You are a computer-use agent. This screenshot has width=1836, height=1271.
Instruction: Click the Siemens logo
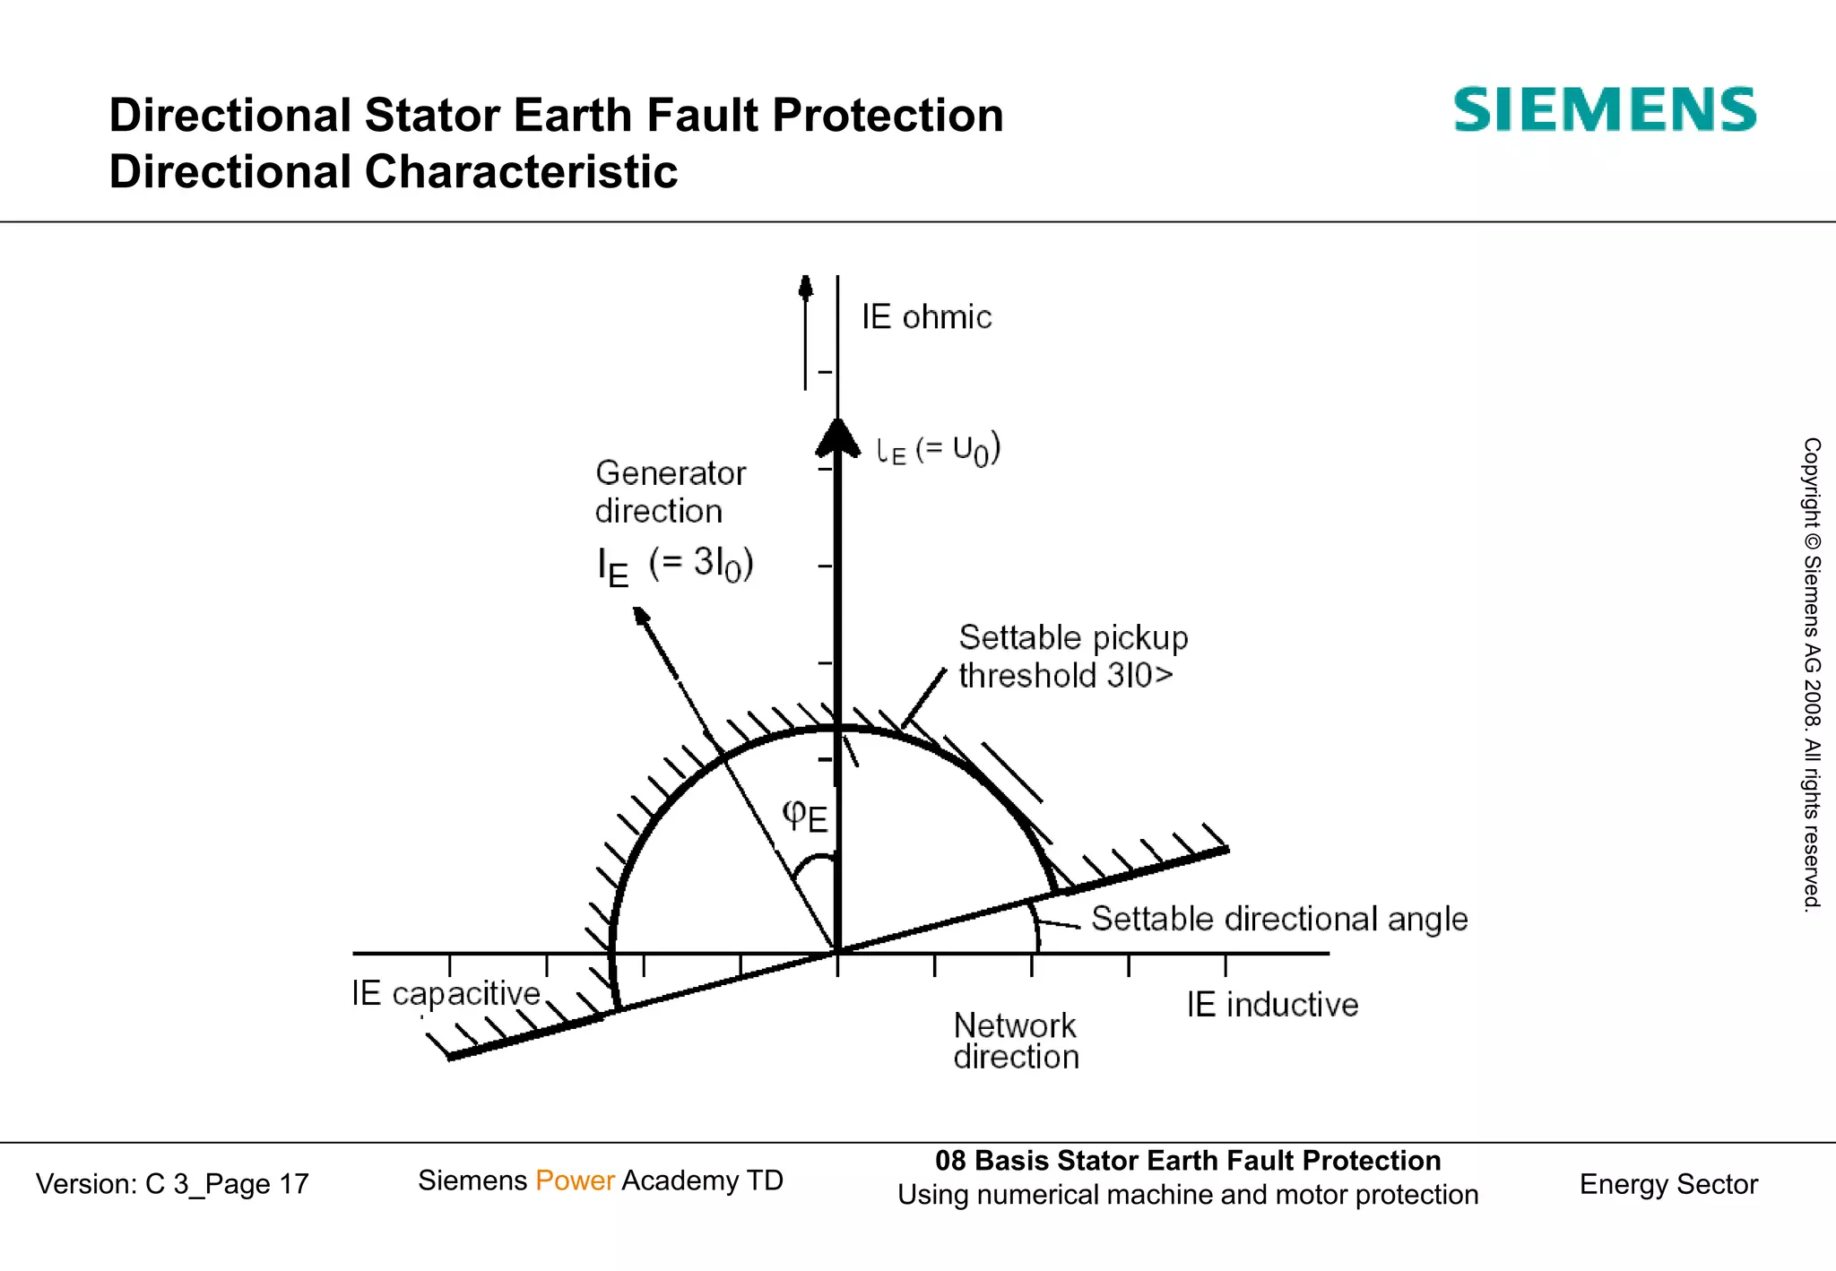click(1604, 110)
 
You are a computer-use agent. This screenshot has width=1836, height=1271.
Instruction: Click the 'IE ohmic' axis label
click(926, 317)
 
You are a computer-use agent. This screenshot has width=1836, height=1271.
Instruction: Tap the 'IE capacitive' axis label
click(446, 994)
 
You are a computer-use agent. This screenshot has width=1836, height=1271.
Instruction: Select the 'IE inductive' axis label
click(1271, 1005)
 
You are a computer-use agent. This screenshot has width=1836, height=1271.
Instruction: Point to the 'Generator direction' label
click(670, 492)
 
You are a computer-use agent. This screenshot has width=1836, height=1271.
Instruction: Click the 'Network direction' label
click(1016, 1041)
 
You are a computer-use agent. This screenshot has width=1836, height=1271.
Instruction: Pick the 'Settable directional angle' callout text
click(1279, 920)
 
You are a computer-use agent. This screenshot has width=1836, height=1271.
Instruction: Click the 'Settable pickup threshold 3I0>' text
click(1072, 656)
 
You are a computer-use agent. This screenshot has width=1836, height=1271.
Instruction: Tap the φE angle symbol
click(804, 816)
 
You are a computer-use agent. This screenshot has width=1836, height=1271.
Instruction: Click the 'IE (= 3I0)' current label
click(675, 566)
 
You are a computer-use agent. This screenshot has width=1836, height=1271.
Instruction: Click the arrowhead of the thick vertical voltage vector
click(837, 437)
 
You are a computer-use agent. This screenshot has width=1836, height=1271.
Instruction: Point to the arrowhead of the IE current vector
click(642, 617)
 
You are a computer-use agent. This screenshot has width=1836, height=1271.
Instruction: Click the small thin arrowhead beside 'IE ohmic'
click(806, 286)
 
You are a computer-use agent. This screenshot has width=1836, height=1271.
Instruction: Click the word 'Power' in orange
click(575, 1180)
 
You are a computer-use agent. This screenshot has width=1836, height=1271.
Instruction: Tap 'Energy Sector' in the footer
click(1667, 1184)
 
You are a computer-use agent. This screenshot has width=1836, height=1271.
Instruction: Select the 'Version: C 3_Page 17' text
click(172, 1184)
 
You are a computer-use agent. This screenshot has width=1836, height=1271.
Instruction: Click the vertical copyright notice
click(1812, 674)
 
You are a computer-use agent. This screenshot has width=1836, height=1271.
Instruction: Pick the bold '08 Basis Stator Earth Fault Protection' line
click(1187, 1161)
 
